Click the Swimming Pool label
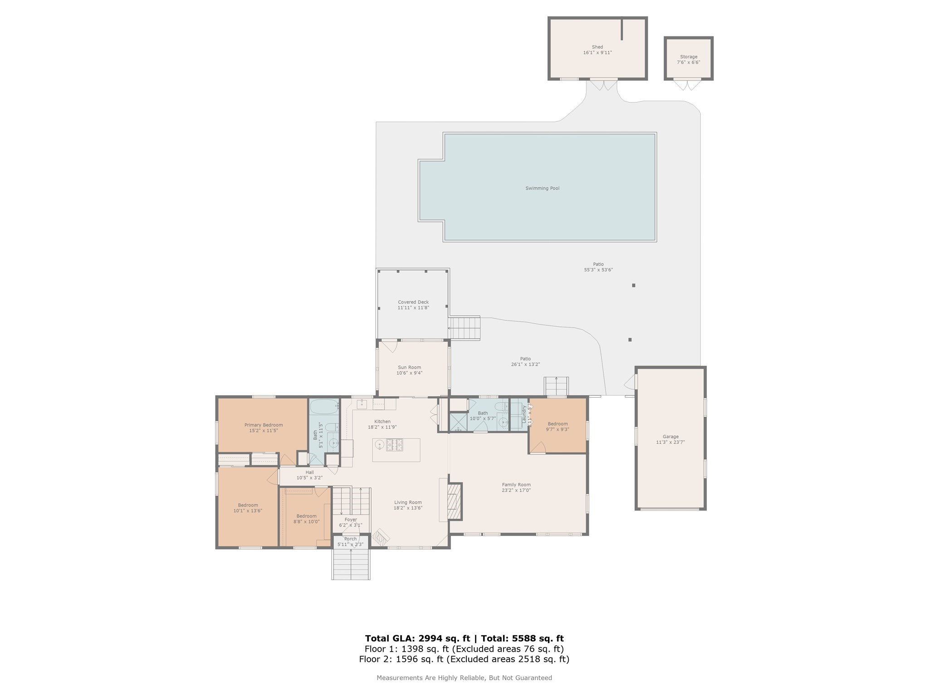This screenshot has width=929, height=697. point(542,188)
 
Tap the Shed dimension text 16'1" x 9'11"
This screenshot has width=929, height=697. point(597,53)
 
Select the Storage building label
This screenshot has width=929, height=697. point(689,57)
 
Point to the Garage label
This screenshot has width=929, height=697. point(670,437)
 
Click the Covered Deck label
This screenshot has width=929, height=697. point(413,302)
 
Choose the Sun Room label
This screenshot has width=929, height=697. point(409,368)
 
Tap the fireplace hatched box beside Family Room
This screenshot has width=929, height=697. point(454,501)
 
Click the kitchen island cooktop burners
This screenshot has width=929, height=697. point(394,445)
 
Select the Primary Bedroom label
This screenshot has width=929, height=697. point(264,425)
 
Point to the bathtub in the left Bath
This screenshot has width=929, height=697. point(324,406)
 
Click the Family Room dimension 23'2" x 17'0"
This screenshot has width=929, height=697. point(516,490)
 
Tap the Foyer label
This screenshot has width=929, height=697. point(351,520)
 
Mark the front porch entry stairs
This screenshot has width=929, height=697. point(351,564)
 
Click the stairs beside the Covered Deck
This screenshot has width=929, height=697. point(464,328)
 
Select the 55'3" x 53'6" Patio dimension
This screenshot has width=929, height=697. point(598,270)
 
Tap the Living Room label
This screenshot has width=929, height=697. point(408,502)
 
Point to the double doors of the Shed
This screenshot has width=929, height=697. point(603,84)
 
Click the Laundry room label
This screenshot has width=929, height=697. point(524,414)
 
